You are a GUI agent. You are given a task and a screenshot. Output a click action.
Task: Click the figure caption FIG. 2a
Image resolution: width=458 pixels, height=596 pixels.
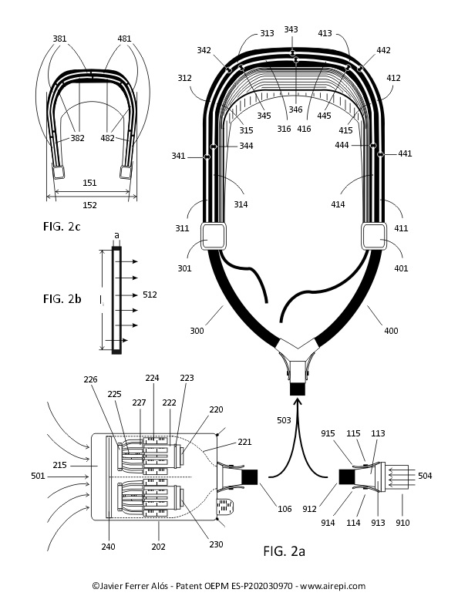click(284, 551)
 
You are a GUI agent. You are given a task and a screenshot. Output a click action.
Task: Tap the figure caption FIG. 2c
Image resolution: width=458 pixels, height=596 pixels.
click(62, 226)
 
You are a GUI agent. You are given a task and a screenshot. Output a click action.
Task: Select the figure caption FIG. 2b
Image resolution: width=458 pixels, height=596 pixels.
click(62, 298)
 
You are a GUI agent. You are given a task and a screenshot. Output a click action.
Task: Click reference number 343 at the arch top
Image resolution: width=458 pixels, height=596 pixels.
click(291, 29)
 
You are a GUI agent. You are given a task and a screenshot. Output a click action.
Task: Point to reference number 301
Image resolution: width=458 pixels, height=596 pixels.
click(184, 268)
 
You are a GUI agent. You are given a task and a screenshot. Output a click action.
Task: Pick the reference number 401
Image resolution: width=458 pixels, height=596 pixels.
click(401, 268)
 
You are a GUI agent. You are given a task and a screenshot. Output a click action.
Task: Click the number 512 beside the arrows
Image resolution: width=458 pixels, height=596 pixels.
click(150, 295)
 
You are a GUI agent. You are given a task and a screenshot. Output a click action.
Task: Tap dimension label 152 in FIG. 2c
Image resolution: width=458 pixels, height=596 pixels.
click(89, 205)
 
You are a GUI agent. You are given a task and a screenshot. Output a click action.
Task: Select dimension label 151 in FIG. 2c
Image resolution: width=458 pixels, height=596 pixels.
click(89, 183)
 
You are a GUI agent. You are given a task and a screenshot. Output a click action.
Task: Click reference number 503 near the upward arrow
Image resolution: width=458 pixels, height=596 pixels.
click(284, 420)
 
